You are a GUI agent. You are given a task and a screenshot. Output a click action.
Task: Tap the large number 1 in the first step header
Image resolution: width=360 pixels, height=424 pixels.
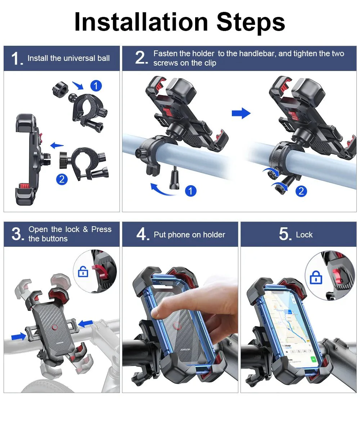click(x=17, y=59)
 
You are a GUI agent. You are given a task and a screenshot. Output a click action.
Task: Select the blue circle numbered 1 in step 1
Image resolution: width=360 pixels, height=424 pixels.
click(x=96, y=86)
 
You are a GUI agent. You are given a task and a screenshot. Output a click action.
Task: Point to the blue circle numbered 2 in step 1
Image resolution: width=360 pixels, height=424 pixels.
click(x=62, y=179)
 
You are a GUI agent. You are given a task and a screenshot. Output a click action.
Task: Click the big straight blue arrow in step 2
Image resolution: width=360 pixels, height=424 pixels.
click(x=241, y=113)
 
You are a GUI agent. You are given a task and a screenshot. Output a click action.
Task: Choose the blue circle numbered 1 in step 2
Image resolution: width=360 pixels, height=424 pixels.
click(x=190, y=191)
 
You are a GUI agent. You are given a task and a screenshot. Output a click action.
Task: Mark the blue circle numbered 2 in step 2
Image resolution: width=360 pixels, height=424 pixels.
click(x=301, y=191)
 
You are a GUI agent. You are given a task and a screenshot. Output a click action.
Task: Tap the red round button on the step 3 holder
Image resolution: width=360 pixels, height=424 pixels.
click(x=55, y=327)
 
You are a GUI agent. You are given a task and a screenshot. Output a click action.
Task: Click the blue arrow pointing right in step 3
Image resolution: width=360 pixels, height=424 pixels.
click(x=18, y=336)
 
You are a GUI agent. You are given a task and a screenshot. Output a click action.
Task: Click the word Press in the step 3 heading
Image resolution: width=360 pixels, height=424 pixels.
click(x=101, y=229)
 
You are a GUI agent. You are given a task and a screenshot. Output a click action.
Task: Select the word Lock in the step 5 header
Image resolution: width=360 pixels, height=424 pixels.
click(x=304, y=235)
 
